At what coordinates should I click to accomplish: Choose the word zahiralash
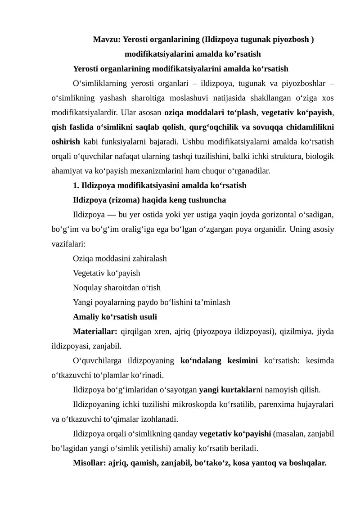(x=148, y=258)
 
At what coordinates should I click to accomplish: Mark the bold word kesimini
(x=241, y=360)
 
